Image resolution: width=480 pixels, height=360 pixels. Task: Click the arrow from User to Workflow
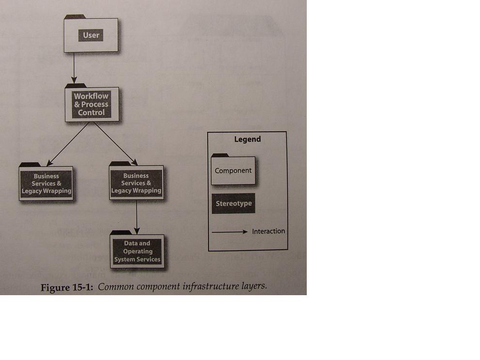click(x=74, y=68)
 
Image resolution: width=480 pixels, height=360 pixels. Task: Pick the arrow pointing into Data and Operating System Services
click(x=137, y=217)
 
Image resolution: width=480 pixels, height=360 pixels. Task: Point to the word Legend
click(x=247, y=139)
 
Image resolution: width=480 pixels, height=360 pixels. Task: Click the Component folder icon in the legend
click(x=233, y=169)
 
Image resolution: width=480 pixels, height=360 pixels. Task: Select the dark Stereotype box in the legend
click(x=234, y=203)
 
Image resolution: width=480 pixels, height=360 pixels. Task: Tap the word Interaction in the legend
click(x=269, y=231)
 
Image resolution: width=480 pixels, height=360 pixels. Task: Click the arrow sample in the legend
click(x=229, y=232)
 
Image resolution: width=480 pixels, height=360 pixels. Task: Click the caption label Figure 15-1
click(x=67, y=287)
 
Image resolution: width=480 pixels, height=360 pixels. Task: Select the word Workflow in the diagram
click(x=91, y=96)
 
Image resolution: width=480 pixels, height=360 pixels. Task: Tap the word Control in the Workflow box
click(x=91, y=113)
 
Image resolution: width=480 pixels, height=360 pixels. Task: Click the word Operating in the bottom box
click(x=138, y=251)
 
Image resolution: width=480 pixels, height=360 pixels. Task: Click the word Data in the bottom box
click(x=130, y=243)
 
